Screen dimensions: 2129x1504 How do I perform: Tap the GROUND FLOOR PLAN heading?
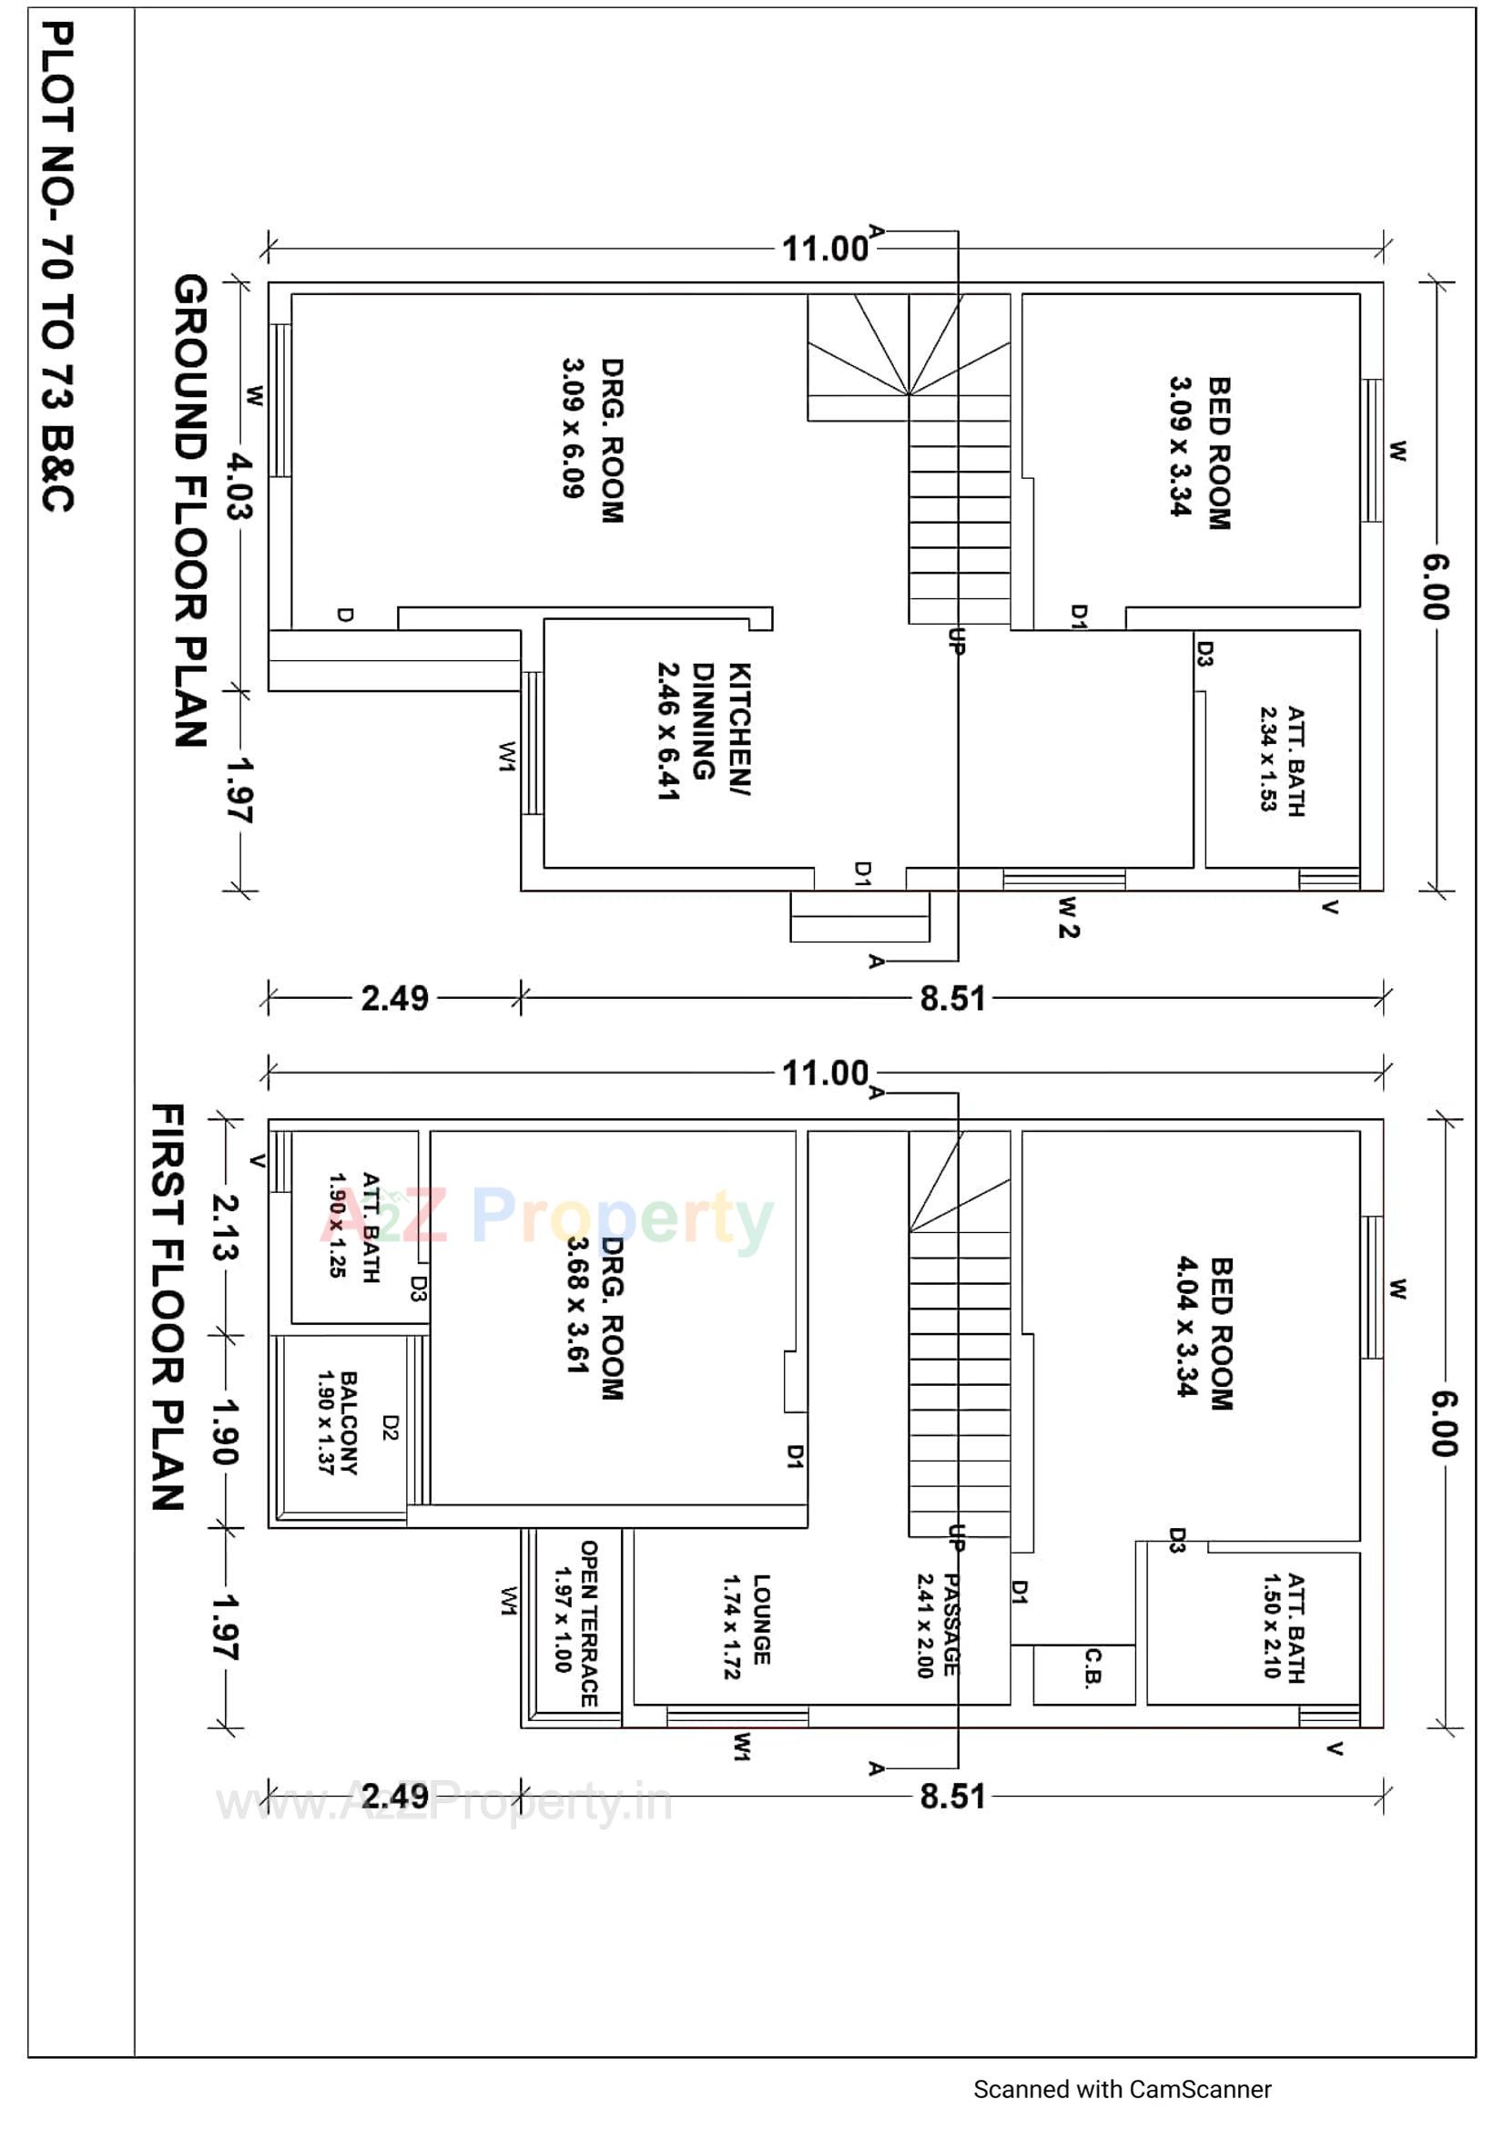[190, 511]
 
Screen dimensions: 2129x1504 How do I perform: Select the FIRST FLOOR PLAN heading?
[168, 1308]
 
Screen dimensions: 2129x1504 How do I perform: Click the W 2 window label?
[1068, 917]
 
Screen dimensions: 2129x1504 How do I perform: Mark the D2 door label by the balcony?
[391, 1428]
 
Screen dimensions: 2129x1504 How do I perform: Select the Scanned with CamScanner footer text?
[1122, 2089]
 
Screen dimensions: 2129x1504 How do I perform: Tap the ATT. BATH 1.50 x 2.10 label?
[1285, 1626]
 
